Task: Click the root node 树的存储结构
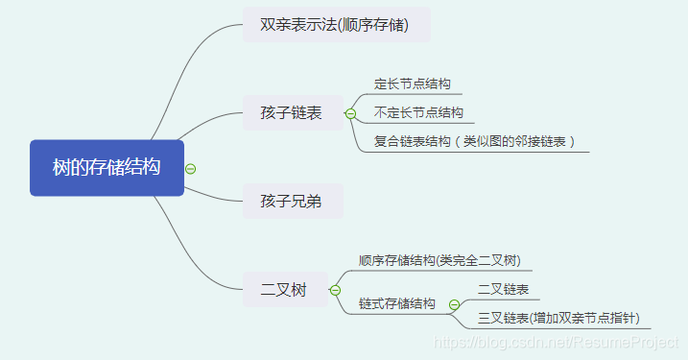[107, 168]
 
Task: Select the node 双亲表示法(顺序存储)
[334, 25]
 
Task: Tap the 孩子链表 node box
[291, 113]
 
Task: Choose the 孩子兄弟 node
[291, 201]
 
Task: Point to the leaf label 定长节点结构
[412, 84]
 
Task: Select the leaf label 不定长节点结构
[418, 112]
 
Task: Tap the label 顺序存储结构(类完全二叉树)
[439, 260]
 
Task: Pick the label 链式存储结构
[396, 303]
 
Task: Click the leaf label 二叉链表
[503, 289]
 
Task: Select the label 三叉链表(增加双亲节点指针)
[558, 318]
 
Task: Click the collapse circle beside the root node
[190, 169]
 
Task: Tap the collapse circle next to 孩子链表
[350, 113]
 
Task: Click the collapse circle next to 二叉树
[335, 289]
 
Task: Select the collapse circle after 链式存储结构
[455, 304]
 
